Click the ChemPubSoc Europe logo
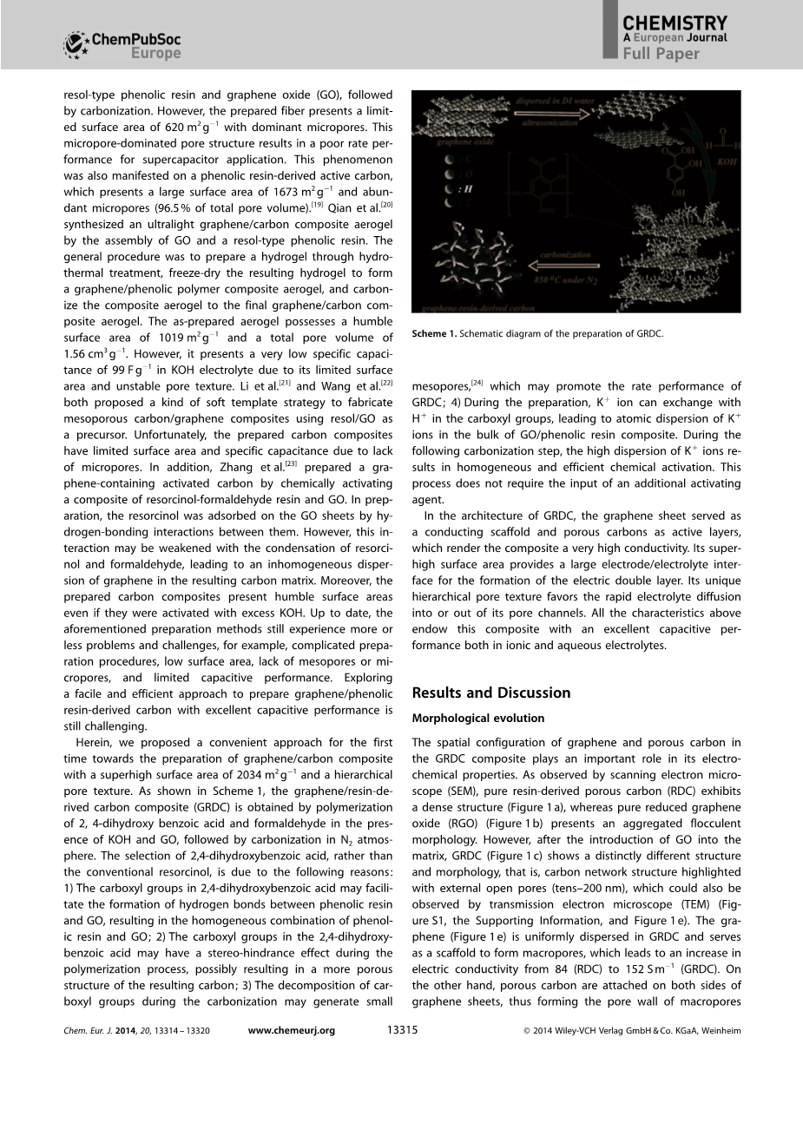tap(122, 44)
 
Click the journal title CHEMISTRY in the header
tap(675, 23)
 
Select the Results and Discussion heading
tap(491, 693)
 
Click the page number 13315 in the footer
tap(402, 1030)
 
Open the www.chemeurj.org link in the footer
tap(291, 1030)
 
